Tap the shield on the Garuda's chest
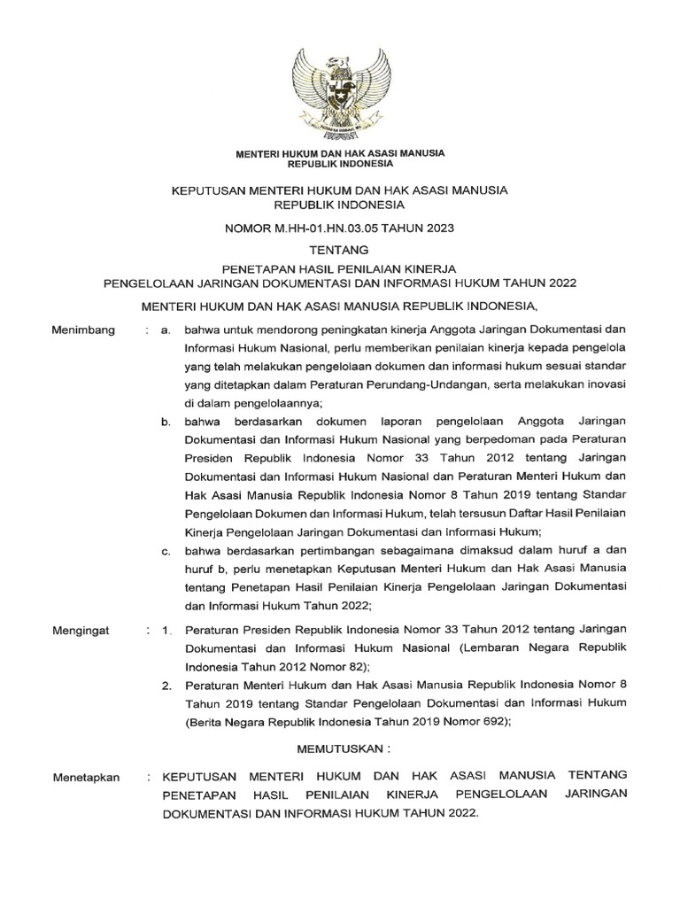(339, 95)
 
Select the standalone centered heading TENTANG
(339, 251)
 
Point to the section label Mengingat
(81, 632)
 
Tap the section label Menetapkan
(86, 777)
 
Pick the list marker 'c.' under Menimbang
(166, 552)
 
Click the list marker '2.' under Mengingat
(166, 685)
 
